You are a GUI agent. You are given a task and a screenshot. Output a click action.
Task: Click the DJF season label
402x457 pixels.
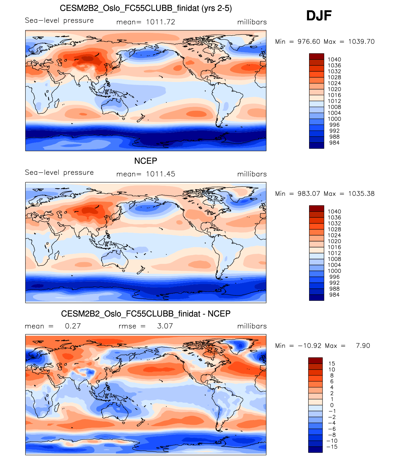click(319, 16)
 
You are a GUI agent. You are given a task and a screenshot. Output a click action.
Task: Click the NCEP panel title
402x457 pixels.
click(145, 161)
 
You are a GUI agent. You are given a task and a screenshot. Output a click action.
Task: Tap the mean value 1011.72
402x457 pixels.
click(160, 22)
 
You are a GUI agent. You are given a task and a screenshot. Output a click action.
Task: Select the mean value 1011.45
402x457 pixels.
click(160, 174)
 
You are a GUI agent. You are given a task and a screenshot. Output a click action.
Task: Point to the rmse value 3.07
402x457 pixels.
click(165, 326)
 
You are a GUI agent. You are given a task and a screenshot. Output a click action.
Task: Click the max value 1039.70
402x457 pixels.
click(361, 42)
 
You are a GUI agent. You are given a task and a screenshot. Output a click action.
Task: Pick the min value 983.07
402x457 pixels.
click(309, 194)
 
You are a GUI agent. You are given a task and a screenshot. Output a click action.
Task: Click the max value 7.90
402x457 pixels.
click(363, 346)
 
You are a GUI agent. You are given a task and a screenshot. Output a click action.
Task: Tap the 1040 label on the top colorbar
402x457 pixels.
click(334, 60)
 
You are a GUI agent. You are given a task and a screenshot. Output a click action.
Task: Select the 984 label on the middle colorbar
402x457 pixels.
click(334, 295)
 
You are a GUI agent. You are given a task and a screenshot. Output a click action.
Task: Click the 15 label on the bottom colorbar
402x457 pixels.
click(332, 364)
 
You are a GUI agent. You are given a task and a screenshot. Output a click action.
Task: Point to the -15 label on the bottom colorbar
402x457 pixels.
click(332, 447)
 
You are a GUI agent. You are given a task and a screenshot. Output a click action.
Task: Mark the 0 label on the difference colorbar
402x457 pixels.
click(332, 405)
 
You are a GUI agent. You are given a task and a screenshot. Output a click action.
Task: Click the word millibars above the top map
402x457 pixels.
click(252, 22)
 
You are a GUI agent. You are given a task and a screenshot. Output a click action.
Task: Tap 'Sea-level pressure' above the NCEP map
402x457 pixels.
click(59, 173)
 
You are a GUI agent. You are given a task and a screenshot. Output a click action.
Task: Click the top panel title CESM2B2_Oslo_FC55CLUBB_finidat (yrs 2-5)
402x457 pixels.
click(146, 8)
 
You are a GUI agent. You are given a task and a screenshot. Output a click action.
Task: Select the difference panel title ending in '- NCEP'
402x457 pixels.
click(146, 314)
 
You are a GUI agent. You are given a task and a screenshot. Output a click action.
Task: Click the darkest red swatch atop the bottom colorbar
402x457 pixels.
click(315, 361)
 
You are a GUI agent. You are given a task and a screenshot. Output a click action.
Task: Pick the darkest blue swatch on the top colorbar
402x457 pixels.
click(317, 146)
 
